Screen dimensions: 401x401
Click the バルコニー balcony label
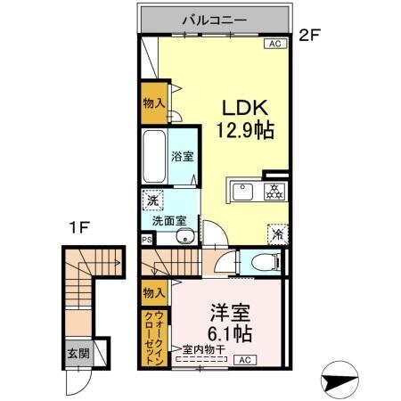point(215,17)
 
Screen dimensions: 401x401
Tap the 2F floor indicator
point(309,37)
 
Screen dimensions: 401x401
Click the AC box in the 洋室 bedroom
point(244,360)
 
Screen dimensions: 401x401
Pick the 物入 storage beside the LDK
point(153,103)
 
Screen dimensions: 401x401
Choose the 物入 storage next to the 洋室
point(153,292)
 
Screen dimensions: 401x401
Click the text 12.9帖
point(242,129)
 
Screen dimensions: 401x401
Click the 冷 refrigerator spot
point(276,235)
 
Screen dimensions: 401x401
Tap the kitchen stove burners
point(275,192)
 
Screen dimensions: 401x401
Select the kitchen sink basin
point(243,192)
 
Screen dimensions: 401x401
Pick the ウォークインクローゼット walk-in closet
point(153,336)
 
